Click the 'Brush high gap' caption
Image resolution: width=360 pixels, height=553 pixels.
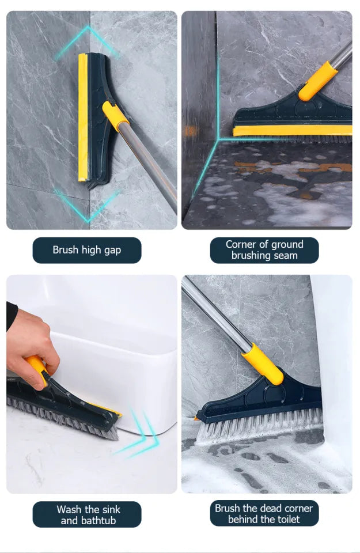[x=86, y=250]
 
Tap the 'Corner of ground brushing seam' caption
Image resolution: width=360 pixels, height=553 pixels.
[x=264, y=250]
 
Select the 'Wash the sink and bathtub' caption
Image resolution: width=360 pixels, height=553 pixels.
[x=86, y=514]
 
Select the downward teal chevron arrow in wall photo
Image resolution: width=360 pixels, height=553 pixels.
[x=88, y=206]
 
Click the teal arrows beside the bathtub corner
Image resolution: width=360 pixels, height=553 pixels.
[x=138, y=435]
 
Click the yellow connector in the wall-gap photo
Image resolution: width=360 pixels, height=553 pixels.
[x=115, y=116]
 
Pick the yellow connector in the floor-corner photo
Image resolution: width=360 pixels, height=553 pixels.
[x=317, y=80]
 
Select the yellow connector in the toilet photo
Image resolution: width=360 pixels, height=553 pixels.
[x=263, y=363]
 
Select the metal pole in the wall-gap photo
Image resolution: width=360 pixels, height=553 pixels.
[x=153, y=167]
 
